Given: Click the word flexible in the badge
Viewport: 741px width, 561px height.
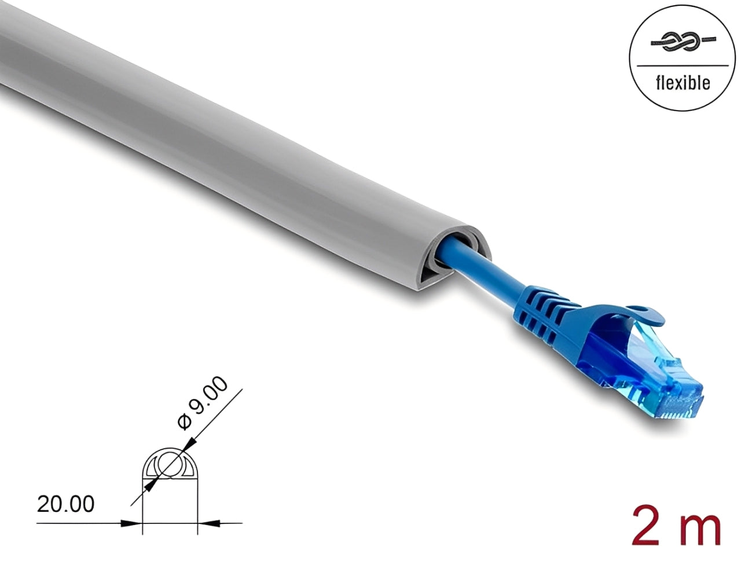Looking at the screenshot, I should pos(683,83).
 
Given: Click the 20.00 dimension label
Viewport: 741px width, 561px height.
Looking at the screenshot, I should pos(65,504).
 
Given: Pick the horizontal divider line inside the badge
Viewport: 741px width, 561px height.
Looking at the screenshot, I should pos(683,65).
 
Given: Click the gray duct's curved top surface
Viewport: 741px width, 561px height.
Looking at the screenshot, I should pos(174,104).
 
